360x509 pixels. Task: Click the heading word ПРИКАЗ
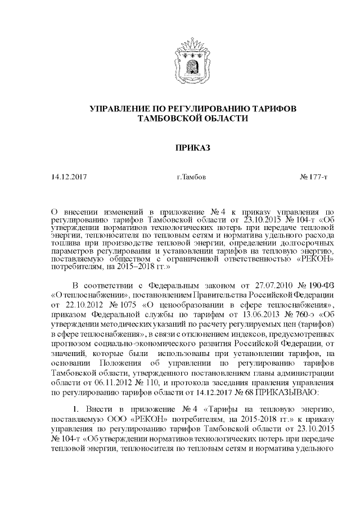coord(180,147)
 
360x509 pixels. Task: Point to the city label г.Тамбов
coord(191,177)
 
